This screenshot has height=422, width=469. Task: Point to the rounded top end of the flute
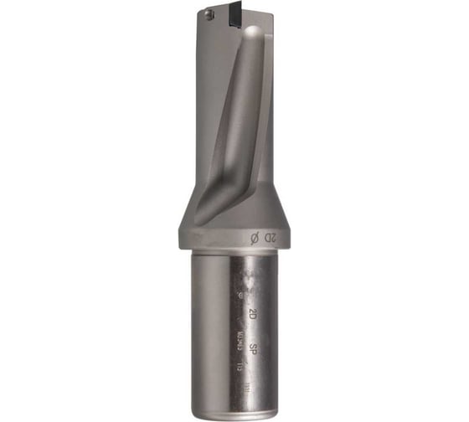click(254, 33)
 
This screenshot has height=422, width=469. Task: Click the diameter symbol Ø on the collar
click(255, 239)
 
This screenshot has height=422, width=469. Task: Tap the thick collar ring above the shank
click(234, 238)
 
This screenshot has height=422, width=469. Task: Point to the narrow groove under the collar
click(234, 252)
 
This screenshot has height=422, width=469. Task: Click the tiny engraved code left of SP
click(238, 340)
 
